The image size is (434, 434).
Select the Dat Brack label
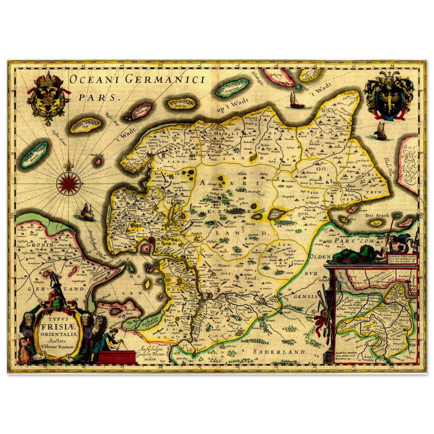[x=377, y=215]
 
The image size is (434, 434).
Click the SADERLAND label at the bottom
[x=280, y=352]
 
